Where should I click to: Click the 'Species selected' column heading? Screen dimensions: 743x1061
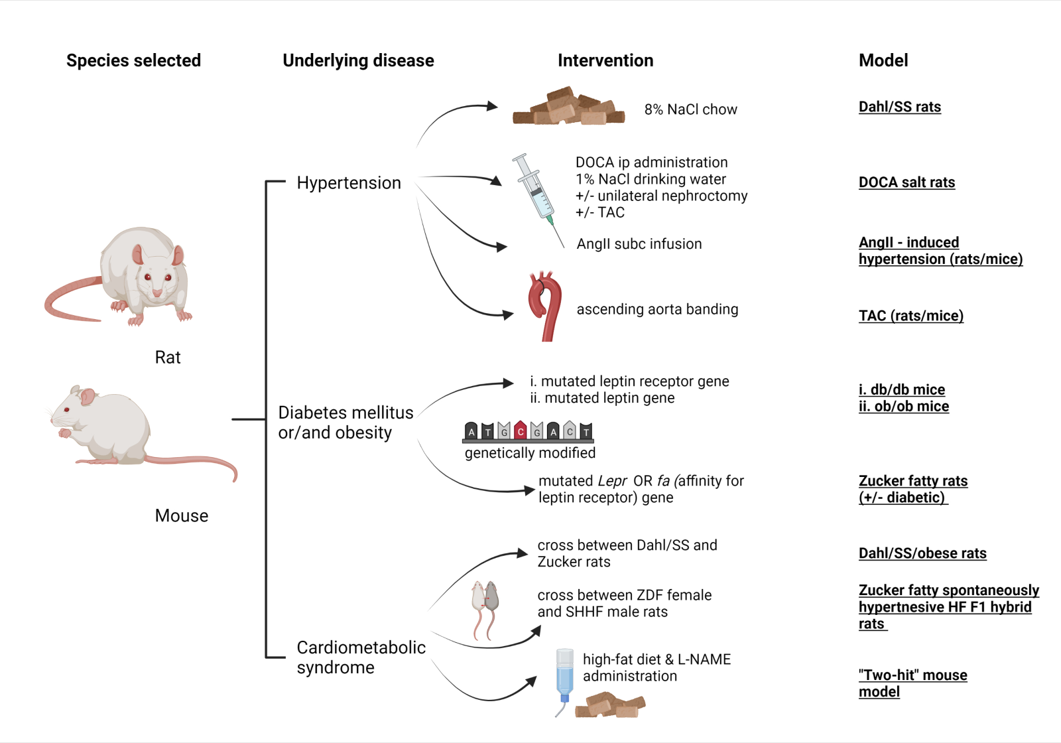(133, 60)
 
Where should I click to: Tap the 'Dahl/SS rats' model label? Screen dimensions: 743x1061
(899, 107)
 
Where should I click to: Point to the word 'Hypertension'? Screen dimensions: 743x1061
(348, 182)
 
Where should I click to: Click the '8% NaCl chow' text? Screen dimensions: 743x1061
(690, 109)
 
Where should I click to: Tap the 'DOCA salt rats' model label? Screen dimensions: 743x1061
(906, 182)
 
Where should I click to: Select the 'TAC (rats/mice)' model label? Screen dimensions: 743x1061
(910, 316)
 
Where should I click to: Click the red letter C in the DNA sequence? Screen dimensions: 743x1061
(521, 431)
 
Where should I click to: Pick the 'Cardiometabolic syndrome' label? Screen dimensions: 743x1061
(361, 657)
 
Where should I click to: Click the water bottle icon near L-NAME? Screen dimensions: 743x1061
(564, 677)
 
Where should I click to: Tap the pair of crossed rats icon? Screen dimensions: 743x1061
(485, 607)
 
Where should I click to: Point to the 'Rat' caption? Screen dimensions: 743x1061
(167, 358)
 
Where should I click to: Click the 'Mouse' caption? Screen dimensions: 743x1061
(181, 515)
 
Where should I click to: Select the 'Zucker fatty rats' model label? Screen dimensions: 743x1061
(912, 481)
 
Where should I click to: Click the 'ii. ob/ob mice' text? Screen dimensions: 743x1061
(903, 406)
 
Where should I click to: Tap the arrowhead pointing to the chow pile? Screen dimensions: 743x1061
(491, 105)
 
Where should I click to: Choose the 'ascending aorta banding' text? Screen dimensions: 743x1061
(656, 309)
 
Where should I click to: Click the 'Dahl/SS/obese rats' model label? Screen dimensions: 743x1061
(922, 553)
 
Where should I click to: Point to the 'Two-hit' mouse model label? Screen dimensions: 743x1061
(912, 683)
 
